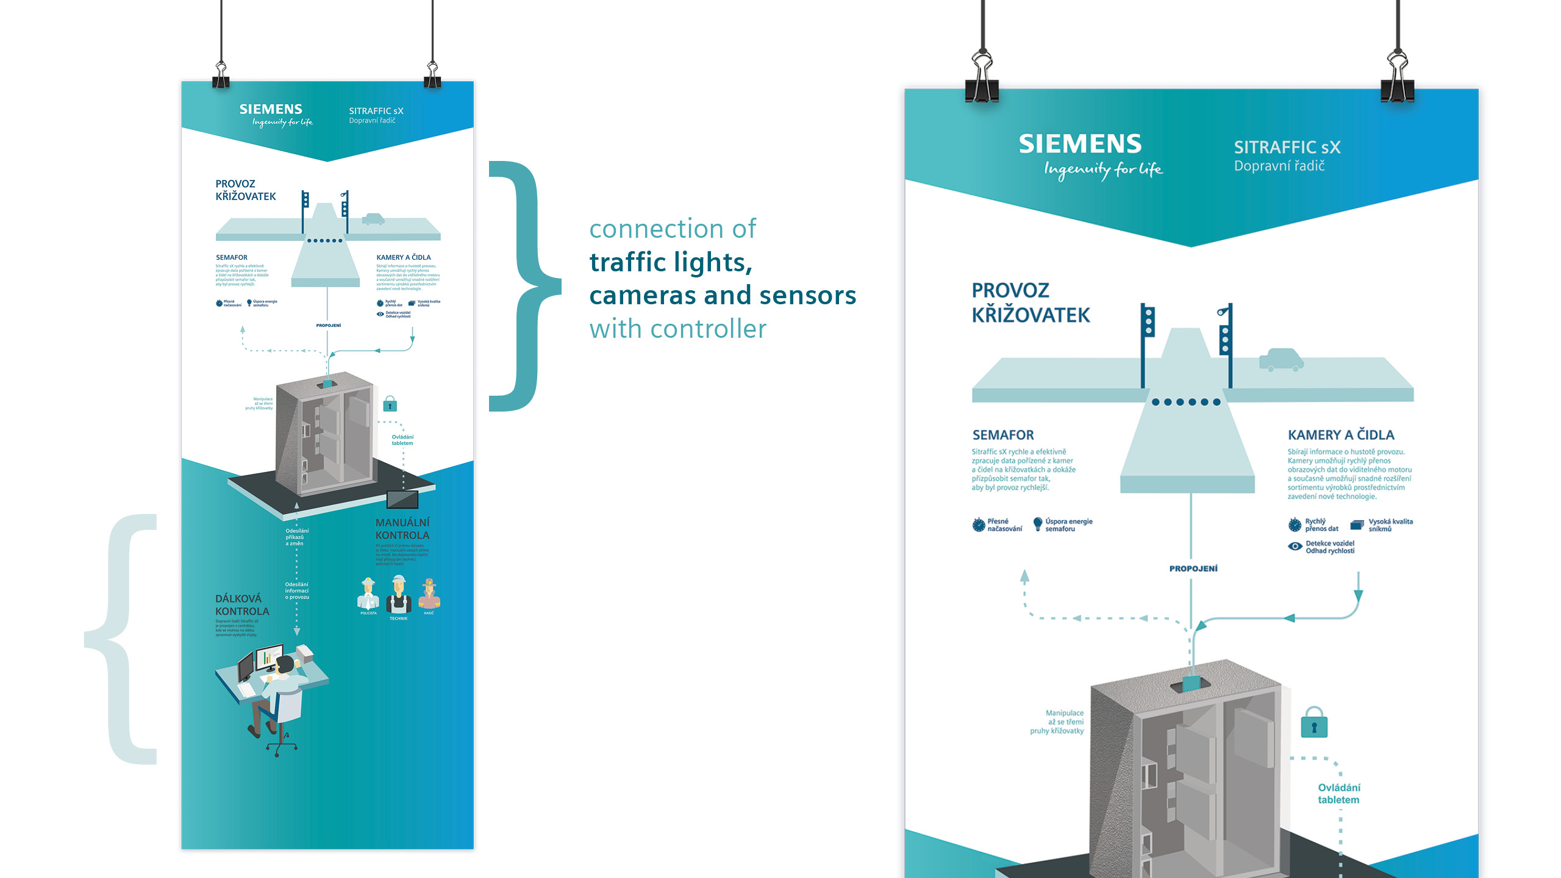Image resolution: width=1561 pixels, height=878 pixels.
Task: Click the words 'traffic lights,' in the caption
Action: click(671, 263)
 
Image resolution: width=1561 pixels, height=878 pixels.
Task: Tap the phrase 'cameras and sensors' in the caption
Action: click(723, 296)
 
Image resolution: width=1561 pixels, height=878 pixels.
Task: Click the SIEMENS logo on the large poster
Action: click(1080, 144)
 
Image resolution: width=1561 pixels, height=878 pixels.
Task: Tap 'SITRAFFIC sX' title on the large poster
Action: click(1287, 147)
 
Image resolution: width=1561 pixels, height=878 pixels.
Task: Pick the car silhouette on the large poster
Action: click(1281, 360)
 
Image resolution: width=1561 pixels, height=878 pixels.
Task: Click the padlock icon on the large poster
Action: click(1314, 723)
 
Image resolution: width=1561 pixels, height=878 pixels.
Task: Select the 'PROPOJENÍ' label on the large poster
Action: click(1193, 568)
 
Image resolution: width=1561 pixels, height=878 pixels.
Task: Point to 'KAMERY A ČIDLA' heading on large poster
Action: click(1341, 435)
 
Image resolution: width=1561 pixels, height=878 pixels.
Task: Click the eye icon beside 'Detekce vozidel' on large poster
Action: click(1295, 546)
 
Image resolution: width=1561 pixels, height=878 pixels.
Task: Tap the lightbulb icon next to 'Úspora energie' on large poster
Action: click(1038, 524)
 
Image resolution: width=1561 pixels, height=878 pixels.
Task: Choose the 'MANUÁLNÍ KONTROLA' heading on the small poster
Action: click(402, 529)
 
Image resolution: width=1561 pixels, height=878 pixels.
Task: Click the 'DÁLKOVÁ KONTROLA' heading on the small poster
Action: click(241, 605)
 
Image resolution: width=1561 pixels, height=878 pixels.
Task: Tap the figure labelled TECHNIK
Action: click(399, 594)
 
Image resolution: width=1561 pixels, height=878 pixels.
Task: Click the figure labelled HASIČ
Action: click(429, 594)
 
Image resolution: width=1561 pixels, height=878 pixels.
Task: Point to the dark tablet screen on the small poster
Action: click(402, 499)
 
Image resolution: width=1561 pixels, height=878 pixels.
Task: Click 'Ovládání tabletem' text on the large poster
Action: click(1338, 793)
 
